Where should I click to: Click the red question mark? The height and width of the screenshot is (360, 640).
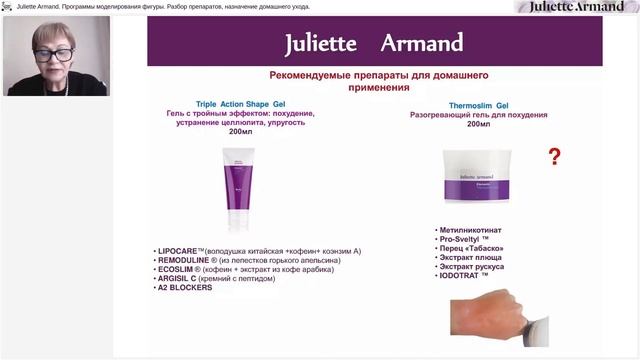(554, 156)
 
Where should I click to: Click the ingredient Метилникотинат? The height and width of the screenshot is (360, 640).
(475, 230)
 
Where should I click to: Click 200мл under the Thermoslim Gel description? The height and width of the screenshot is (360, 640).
(478, 124)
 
